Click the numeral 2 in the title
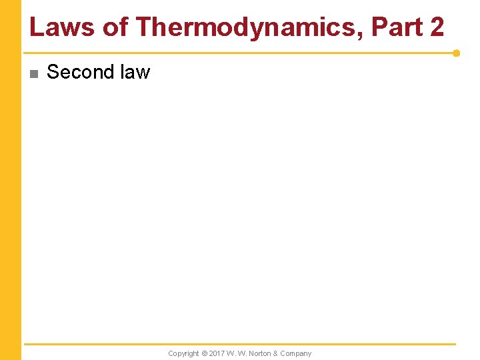437,27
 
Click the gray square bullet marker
34,73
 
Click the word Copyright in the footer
183,353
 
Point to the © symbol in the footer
205,353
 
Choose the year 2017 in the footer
218,353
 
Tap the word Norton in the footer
259,353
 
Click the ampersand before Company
275,353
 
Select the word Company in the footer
295,353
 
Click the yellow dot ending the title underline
456,53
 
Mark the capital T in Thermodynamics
143,27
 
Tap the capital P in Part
378,27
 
